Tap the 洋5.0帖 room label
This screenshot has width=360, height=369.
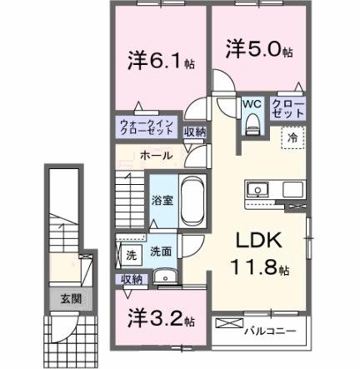click(x=257, y=50)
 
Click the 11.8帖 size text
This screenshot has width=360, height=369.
click(x=259, y=269)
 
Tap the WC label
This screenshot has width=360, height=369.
click(x=252, y=105)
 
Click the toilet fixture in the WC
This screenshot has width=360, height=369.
click(x=252, y=125)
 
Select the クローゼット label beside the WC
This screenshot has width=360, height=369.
click(x=287, y=109)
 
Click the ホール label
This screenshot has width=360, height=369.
click(x=157, y=156)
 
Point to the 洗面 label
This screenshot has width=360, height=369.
click(x=161, y=251)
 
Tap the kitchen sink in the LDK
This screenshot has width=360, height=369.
click(x=257, y=190)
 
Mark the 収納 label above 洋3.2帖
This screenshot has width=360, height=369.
click(x=132, y=279)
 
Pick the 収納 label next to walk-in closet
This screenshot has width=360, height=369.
click(x=194, y=132)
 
